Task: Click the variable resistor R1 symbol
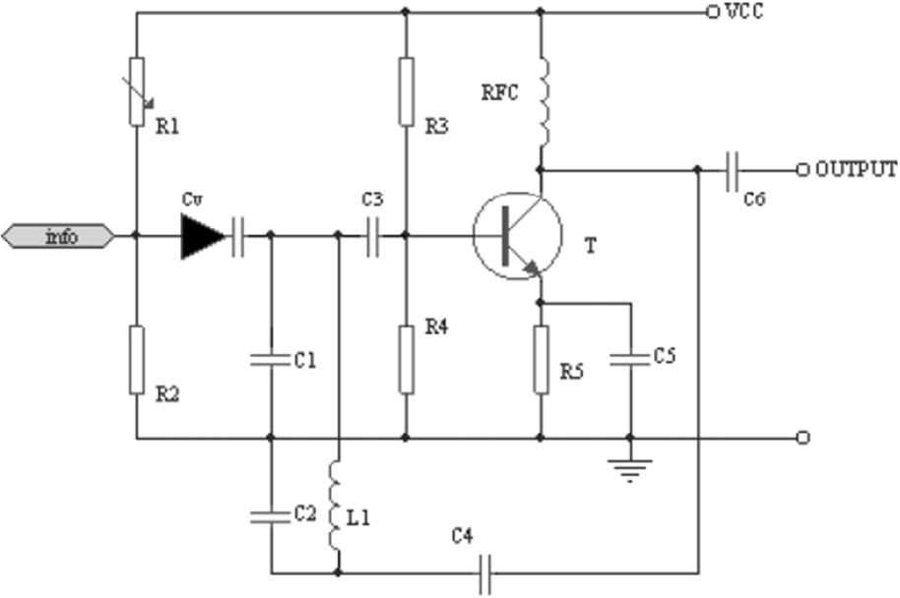click(137, 91)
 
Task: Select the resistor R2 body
click(137, 360)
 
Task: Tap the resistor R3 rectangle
click(406, 91)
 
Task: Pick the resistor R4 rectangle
click(406, 359)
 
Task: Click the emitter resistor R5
click(541, 359)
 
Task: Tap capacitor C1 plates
click(271, 360)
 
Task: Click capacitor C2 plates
click(271, 514)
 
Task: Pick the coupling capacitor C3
click(372, 236)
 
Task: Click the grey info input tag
click(59, 236)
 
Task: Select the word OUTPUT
click(856, 168)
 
